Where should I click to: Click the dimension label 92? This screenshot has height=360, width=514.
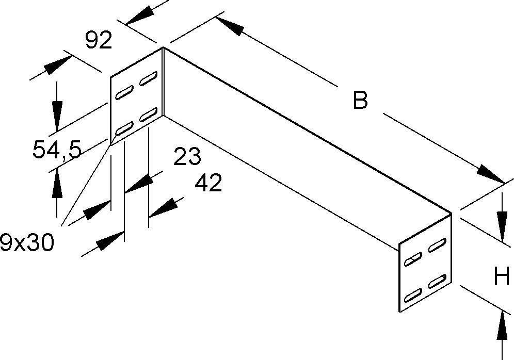pyautogui.click(x=99, y=41)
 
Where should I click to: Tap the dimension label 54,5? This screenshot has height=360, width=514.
pyautogui.click(x=57, y=151)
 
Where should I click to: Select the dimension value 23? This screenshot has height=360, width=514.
pyautogui.click(x=187, y=157)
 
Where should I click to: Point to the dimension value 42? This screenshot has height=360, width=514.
pyautogui.click(x=208, y=183)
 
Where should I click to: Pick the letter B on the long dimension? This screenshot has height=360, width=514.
pyautogui.click(x=360, y=100)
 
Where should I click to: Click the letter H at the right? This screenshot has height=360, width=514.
pyautogui.click(x=502, y=278)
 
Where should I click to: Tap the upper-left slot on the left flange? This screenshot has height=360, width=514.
pyautogui.click(x=124, y=94)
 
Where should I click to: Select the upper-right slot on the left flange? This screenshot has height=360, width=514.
pyautogui.click(x=149, y=78)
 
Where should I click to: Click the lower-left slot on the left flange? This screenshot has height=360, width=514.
pyautogui.click(x=124, y=128)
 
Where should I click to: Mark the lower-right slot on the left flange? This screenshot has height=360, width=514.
pyautogui.click(x=149, y=114)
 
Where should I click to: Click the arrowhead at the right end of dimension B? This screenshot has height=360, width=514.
pyautogui.click(x=490, y=174)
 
